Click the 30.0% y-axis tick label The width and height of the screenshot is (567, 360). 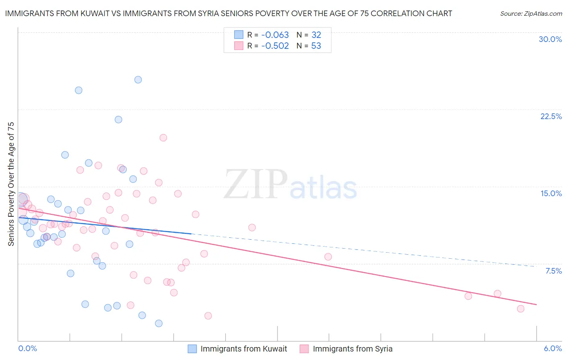(550, 39)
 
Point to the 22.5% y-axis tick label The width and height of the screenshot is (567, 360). (551, 116)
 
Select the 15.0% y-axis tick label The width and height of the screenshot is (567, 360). (551, 193)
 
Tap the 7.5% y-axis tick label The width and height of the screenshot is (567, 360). (553, 271)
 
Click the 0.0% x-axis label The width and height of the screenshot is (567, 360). (27, 348)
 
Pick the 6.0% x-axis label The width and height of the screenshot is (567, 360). (552, 348)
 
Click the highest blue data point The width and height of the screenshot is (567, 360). (138, 80)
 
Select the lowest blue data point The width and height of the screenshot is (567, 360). (159, 323)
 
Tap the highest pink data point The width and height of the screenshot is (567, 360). (163, 138)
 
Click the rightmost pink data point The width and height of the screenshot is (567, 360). (521, 309)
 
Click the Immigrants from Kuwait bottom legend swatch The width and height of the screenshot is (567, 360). (192, 349)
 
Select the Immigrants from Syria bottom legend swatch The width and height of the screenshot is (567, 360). (304, 349)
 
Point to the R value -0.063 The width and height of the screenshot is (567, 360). (275, 35)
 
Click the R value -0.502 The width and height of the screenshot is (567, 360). (275, 46)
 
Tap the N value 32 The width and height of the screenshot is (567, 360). (316, 35)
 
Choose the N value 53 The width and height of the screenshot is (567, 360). (316, 46)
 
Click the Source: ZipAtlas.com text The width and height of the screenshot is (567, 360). (531, 14)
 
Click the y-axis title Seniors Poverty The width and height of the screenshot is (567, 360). (11, 184)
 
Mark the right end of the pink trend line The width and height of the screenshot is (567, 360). (536, 304)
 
